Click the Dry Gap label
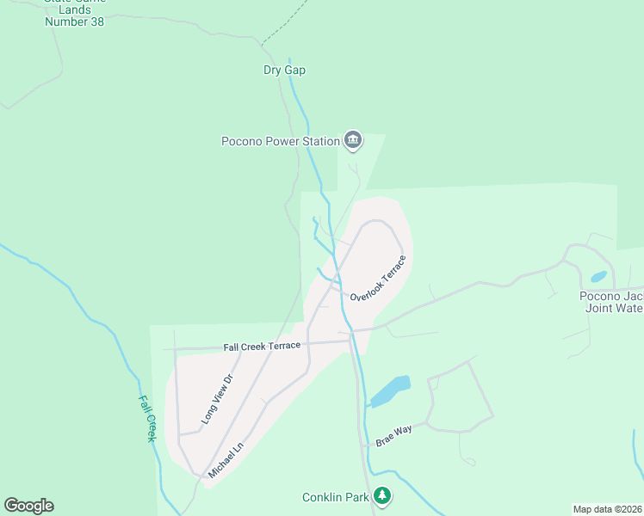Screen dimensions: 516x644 pos(284,71)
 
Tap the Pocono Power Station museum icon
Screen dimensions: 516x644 pos(352,139)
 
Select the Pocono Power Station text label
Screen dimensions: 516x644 pos(280,141)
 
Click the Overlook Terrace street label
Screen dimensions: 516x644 pos(378,277)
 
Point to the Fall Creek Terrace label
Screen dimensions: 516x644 pos(262,346)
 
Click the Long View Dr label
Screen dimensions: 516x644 pos(217,399)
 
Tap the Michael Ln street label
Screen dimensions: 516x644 pos(226,460)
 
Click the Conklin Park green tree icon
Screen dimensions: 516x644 pos(383,495)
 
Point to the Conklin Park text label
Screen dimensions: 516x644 pos(336,497)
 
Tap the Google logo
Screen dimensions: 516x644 pos(28,506)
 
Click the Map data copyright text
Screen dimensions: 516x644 pos(607,508)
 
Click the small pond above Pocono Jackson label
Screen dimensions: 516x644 pos(598,277)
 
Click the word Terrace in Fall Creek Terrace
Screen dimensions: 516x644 pos(282,346)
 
